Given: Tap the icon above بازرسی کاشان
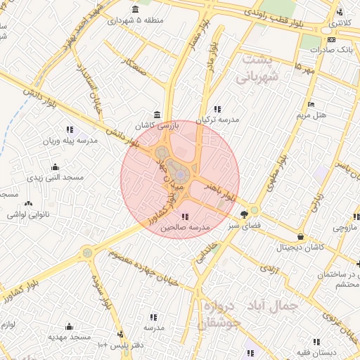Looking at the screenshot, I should (156, 115).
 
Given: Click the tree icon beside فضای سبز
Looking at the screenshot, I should (244, 214).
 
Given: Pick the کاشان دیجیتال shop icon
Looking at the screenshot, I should (302, 237).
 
